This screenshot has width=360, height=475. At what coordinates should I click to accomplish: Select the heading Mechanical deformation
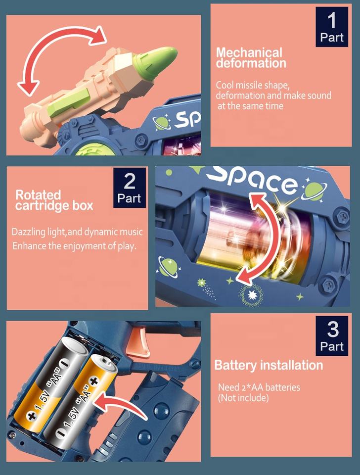[251, 58]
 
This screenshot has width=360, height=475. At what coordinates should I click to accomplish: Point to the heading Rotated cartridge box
[53, 200]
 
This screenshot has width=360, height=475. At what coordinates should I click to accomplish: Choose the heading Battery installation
[268, 366]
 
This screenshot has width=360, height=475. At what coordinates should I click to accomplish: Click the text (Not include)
[243, 398]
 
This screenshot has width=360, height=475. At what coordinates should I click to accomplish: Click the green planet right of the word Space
[314, 190]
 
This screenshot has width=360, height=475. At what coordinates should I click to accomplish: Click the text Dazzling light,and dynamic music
[77, 232]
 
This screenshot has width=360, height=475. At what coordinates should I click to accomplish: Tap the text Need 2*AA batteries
[259, 387]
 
